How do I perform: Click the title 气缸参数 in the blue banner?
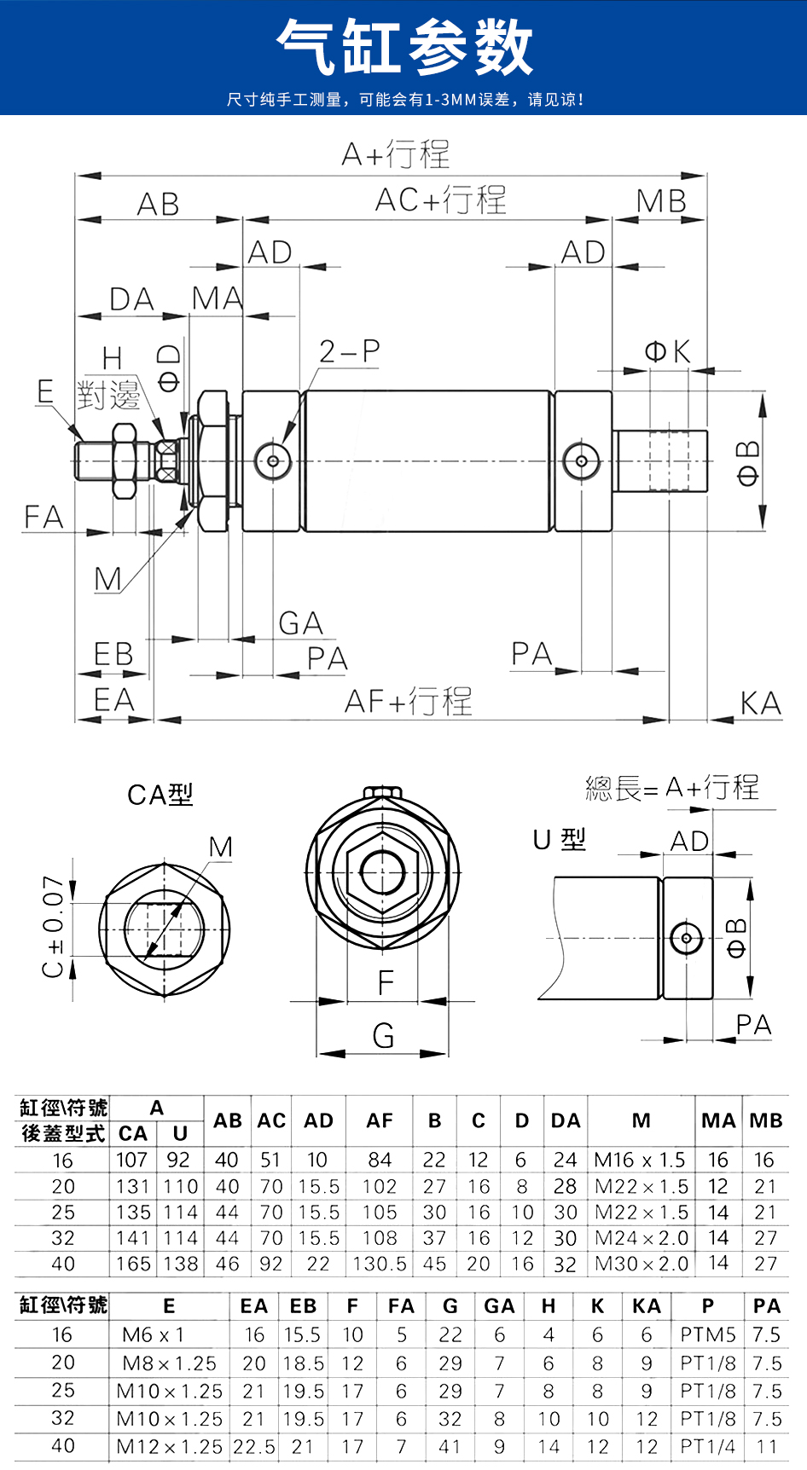click(404, 48)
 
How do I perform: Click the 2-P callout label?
click(349, 351)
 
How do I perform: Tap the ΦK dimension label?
click(667, 351)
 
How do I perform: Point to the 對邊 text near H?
click(108, 395)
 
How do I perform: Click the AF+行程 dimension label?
click(408, 702)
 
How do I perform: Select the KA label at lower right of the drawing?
click(760, 704)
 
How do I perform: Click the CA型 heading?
click(160, 795)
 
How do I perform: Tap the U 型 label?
click(560, 840)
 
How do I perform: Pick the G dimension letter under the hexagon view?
click(384, 1036)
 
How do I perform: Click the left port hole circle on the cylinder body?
click(273, 461)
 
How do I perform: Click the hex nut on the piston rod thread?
click(125, 460)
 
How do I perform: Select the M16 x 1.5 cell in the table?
click(640, 1160)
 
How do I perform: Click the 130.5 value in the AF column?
click(380, 1264)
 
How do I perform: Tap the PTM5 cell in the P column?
click(708, 1334)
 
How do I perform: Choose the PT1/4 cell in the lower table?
click(708, 1446)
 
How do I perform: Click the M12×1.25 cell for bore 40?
click(169, 1446)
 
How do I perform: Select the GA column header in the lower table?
click(499, 1306)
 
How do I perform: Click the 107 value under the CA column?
click(132, 1160)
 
